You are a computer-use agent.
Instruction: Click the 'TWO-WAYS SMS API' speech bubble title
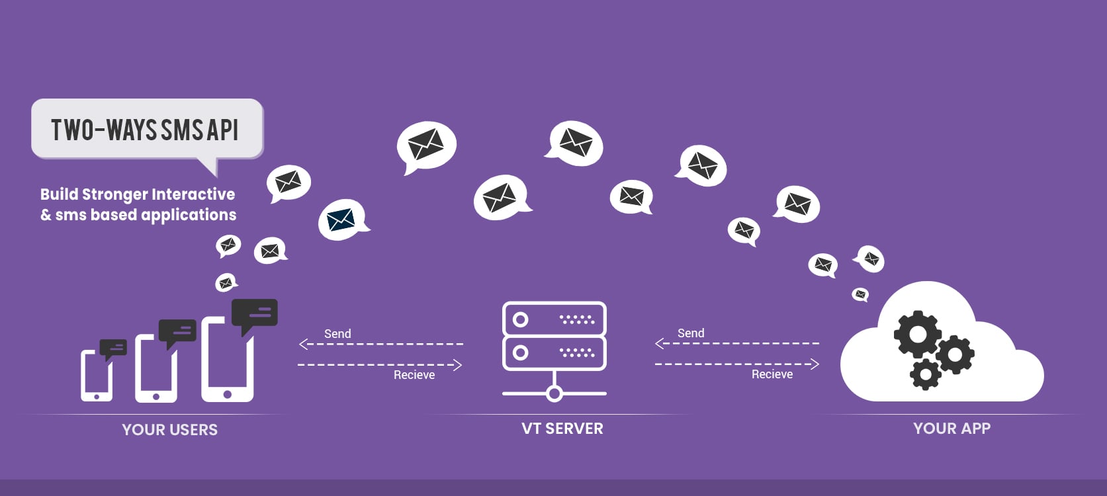point(145,130)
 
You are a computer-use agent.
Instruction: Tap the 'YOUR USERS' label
point(169,430)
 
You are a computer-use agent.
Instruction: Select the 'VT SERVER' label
point(562,429)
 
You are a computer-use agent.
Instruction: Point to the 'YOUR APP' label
point(952,429)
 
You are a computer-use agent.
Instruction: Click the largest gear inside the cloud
point(917,335)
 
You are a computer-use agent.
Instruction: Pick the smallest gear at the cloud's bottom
point(925,375)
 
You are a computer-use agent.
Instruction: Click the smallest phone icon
point(97,375)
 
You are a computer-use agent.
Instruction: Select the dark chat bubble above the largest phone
point(254,313)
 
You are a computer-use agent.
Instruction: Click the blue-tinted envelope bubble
point(341,220)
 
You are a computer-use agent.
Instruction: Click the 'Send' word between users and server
point(337,334)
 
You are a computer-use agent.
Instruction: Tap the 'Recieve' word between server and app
point(772,374)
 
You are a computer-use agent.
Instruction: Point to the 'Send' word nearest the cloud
point(691,333)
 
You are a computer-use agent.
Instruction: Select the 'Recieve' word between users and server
point(414,375)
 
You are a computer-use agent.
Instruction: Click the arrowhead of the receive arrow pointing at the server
point(457,365)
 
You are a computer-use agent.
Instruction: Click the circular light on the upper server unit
point(521,320)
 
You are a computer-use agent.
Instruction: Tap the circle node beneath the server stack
point(554,394)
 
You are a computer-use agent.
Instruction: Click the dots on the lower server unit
point(577,352)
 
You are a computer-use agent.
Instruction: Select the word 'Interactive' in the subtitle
point(194,194)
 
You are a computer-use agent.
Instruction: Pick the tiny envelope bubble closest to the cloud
point(860,294)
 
